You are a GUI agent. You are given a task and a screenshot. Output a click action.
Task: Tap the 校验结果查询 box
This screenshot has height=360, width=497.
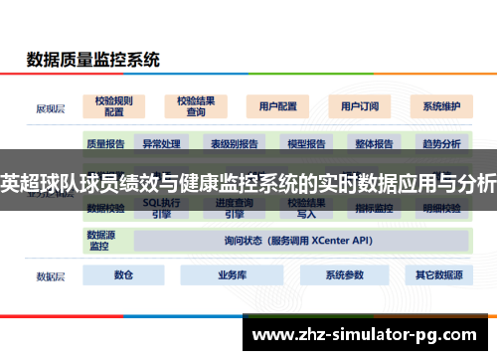click(196, 105)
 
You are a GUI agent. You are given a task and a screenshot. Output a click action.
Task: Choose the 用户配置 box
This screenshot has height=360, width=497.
click(277, 105)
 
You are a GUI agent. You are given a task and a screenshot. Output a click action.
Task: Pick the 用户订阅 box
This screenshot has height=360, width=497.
click(359, 105)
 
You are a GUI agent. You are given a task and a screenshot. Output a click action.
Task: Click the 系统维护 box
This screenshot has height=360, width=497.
click(440, 105)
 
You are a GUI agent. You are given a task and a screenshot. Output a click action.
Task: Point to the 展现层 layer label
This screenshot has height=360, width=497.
click(51, 105)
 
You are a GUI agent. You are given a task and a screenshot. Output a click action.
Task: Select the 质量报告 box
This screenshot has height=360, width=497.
click(105, 143)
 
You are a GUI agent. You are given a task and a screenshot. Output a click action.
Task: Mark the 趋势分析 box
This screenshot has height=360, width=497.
click(441, 143)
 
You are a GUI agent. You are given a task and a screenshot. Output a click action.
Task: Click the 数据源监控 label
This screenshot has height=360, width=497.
click(102, 240)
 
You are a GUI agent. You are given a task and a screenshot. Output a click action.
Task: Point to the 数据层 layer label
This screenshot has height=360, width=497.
click(51, 275)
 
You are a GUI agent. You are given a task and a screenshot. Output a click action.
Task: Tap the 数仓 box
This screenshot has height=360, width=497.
click(123, 274)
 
